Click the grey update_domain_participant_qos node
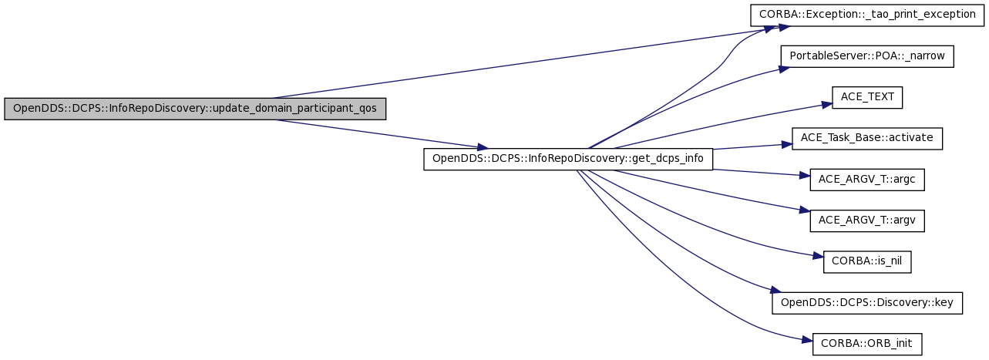point(195,109)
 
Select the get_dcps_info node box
point(568,159)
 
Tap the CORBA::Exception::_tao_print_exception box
point(867,15)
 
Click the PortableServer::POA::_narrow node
point(867,56)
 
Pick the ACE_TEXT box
point(867,97)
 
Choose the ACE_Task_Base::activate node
point(867,138)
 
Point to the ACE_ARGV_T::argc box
point(867,180)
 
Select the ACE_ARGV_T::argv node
point(867,220)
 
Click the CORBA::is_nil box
point(867,261)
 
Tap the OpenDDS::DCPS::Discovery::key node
point(867,303)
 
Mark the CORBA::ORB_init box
point(867,344)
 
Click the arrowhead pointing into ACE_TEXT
point(827,105)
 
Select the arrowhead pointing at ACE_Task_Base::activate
point(787,144)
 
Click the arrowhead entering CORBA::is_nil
point(818,256)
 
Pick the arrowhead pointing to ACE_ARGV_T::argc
point(805,175)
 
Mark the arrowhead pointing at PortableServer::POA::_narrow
point(784,69)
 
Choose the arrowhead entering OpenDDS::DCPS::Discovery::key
point(775,290)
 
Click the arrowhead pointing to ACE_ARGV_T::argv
point(805,210)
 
